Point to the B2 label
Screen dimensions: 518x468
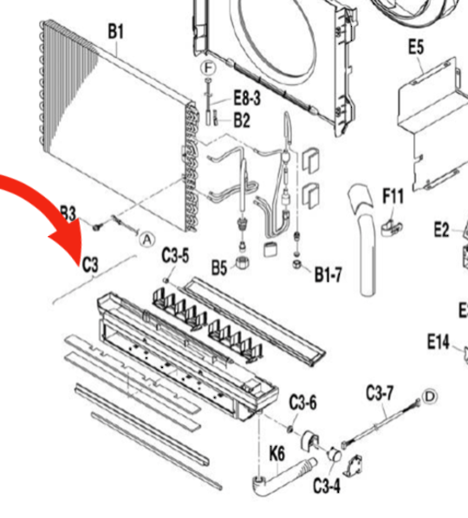pos(242,119)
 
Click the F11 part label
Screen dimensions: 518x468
pos(393,197)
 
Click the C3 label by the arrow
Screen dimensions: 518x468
pos(90,265)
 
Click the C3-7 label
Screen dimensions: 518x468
pos(380,393)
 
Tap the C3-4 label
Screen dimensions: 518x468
pos(326,484)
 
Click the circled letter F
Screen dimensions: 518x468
pos(207,68)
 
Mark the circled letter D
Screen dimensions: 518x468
pos(428,397)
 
